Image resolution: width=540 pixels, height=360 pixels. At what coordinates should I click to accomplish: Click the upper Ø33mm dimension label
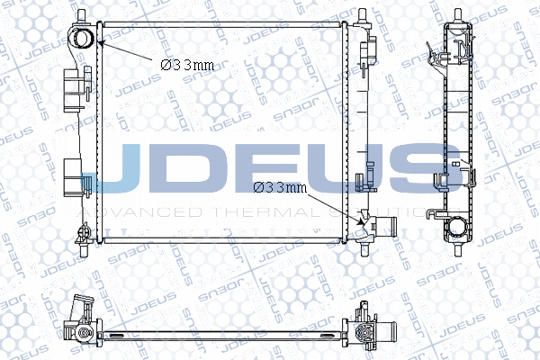(187, 65)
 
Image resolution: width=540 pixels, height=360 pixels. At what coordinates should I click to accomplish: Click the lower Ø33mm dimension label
(280, 187)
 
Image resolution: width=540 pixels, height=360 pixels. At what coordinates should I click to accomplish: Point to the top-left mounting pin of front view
(83, 15)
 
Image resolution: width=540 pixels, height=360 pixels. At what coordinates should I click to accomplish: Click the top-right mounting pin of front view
(362, 15)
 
